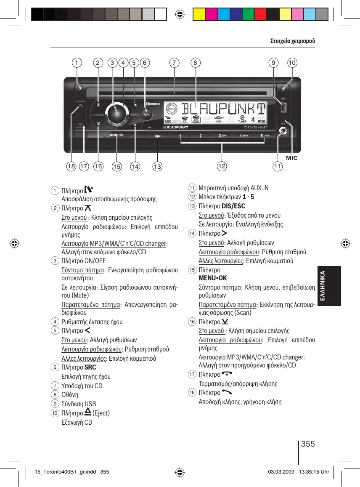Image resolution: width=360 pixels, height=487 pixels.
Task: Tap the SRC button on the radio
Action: [x=146, y=114]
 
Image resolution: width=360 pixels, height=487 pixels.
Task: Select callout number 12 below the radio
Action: [x=221, y=167]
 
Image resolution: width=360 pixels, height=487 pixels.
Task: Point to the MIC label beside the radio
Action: [x=292, y=158]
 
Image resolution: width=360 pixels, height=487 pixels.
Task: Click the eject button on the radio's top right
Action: [x=284, y=89]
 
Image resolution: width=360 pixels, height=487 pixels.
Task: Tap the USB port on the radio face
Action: [x=283, y=108]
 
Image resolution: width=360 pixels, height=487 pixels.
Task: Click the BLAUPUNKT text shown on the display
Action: [x=225, y=110]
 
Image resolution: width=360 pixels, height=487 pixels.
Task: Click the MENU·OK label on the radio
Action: [x=116, y=135]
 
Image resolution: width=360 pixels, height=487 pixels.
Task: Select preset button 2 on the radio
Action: [x=201, y=136]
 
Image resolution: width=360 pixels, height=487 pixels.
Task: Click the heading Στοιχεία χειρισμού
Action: [x=292, y=41]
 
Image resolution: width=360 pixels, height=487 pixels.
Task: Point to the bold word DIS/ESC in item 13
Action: [x=233, y=206]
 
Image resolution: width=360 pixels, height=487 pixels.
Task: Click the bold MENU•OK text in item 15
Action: [x=212, y=278]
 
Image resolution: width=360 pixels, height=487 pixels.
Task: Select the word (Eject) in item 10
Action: [x=101, y=413]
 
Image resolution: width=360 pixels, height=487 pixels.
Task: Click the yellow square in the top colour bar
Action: [x=199, y=15]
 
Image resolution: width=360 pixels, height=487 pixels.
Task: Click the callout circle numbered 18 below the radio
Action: [x=71, y=167]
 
